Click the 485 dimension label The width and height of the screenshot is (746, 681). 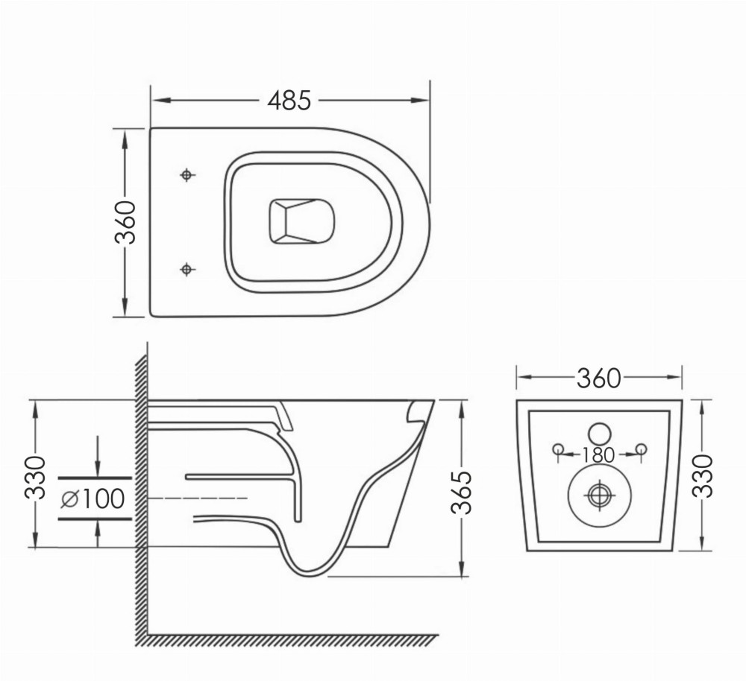tap(289, 101)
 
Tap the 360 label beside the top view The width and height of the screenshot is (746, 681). tap(125, 223)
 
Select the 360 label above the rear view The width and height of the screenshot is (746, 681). tap(599, 378)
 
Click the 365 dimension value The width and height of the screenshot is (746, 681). tap(460, 492)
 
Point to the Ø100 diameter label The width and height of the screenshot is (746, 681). tap(93, 498)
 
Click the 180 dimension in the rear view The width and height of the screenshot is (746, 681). tap(598, 455)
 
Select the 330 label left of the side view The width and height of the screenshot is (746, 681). tap(35, 478)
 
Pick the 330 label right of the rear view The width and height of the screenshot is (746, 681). tap(703, 476)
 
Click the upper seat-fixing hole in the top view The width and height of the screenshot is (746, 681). tap(187, 175)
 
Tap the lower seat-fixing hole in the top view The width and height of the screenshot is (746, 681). tap(187, 270)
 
